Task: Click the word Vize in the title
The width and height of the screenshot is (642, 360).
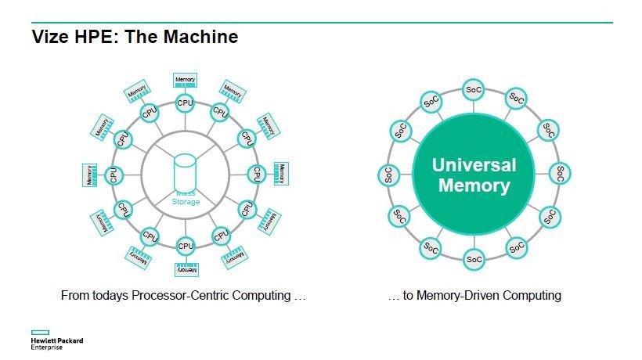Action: click(49, 37)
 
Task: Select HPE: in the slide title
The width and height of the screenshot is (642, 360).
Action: click(92, 37)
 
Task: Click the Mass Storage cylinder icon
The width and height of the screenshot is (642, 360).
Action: click(186, 171)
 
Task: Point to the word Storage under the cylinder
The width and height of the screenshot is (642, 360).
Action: click(186, 202)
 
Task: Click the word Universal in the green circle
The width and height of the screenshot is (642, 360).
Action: click(474, 165)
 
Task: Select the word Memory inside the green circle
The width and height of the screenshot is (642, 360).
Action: click(474, 186)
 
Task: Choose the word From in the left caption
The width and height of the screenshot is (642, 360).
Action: click(75, 296)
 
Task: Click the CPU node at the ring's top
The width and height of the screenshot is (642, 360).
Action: click(186, 102)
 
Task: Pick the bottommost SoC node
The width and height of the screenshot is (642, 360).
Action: click(474, 258)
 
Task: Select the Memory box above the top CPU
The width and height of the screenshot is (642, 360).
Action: click(186, 80)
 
